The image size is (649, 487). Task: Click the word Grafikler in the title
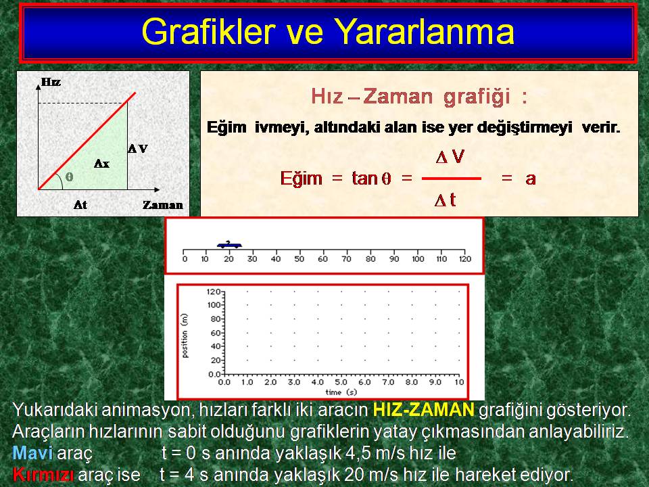tap(209, 32)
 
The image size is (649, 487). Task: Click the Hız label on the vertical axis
tap(51, 82)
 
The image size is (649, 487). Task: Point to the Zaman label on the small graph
tap(163, 205)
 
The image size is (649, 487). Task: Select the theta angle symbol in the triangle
tap(69, 177)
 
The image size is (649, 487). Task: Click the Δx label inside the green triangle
tap(101, 164)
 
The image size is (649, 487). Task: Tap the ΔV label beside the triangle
tap(138, 149)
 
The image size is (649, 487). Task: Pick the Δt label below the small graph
tap(80, 204)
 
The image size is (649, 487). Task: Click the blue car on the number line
tap(229, 244)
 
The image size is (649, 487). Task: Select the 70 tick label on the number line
tap(346, 259)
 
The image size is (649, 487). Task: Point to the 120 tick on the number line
tap(465, 259)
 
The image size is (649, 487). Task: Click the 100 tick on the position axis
tap(214, 305)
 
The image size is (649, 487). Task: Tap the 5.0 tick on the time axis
tap(341, 381)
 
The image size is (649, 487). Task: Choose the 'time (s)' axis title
tap(341, 392)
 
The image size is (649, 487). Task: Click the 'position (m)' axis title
tap(185, 336)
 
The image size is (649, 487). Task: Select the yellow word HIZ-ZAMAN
tap(423, 410)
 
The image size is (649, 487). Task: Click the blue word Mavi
tap(32, 453)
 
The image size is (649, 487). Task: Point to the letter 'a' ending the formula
tap(531, 179)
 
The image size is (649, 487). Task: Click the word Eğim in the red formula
tap(302, 179)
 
